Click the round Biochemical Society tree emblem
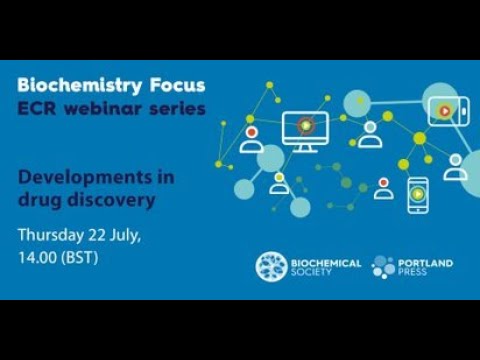(271, 266)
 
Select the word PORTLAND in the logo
(428, 262)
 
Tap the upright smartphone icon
(417, 194)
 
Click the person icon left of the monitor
(249, 138)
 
